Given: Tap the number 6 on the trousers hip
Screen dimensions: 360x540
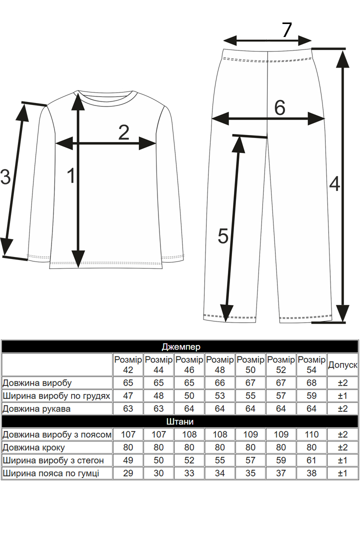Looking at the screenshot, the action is coord(279,107).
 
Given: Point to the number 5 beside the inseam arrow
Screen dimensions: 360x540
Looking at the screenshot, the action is coord(223,236).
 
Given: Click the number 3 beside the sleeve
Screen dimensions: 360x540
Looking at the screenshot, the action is coord(5,177).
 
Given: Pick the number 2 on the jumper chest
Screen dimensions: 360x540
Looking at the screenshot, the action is coord(123,132).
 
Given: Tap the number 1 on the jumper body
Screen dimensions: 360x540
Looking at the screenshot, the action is coord(71,175).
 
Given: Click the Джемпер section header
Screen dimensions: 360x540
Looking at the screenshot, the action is coord(181,347).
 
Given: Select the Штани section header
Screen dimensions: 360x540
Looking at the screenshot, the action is coord(180,421).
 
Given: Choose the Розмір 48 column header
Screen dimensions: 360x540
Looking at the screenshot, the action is coord(220,364).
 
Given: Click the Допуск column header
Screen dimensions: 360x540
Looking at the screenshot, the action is coord(342,364).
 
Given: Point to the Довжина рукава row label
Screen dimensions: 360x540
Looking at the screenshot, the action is coord(36,409).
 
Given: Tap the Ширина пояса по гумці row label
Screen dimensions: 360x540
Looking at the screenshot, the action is coord(51,473).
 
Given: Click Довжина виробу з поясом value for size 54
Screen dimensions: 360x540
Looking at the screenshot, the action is coord(311,434).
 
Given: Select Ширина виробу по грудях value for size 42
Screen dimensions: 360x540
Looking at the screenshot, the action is coord(128,395).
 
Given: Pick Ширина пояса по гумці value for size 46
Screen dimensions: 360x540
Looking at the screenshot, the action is coord(189,473).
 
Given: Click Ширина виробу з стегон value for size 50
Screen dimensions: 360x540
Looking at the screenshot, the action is coord(250,460).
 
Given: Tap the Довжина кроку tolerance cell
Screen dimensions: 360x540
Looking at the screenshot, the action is coord(342,447).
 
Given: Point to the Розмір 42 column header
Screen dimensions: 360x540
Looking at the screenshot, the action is coord(128,364).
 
